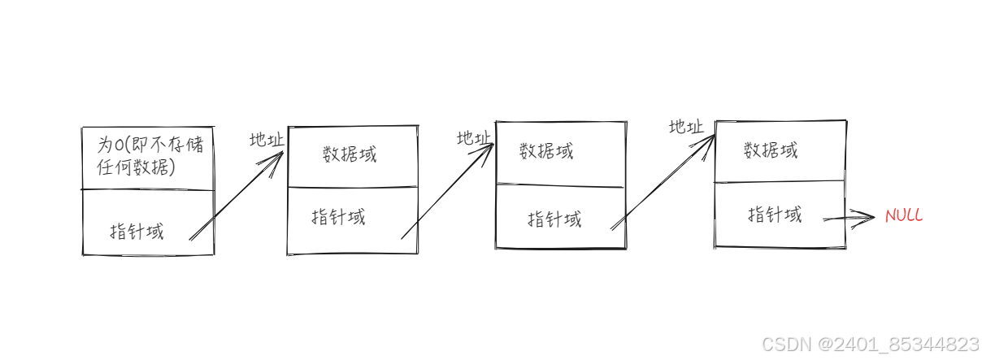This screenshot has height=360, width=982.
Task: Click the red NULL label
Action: (904, 215)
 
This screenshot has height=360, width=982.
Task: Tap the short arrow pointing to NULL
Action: (849, 218)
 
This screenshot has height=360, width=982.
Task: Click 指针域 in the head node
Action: (137, 231)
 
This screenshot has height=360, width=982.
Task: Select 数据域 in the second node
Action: (350, 154)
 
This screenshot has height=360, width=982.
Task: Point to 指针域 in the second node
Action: (338, 217)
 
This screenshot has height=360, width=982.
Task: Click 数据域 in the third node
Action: (546, 151)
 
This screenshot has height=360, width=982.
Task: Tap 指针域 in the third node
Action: (554, 219)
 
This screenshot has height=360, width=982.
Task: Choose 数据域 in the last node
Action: (771, 150)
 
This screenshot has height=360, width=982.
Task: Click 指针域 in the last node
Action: (774, 215)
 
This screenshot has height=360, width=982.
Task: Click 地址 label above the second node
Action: (267, 140)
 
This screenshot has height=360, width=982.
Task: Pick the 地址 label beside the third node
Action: (474, 138)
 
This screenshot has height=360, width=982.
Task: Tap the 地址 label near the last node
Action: (686, 127)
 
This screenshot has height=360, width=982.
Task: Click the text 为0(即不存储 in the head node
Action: (150, 145)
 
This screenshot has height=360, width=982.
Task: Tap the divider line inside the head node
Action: (148, 189)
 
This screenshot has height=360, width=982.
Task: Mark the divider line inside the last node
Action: (780, 181)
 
